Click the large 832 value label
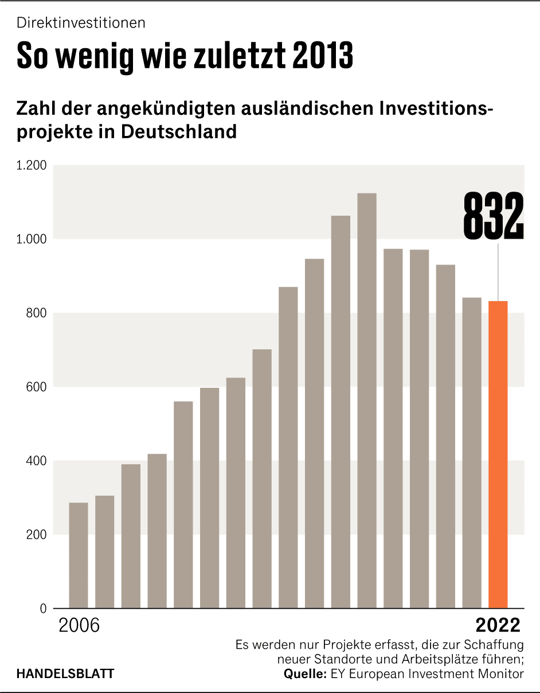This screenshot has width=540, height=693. pos(493,216)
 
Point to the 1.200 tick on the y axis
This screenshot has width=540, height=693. pos(32,166)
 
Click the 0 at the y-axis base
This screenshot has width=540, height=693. pos(43,609)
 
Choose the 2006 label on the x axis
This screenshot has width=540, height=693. pos(79,625)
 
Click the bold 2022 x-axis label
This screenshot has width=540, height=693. pos(498,625)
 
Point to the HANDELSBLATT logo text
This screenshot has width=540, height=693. pos(65,673)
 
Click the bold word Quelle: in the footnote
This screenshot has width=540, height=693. pos(306,674)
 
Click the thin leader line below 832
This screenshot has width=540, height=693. pos(498,272)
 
